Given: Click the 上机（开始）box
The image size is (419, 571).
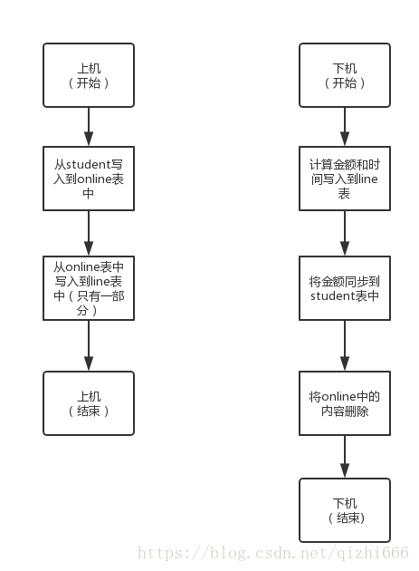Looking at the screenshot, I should [x=89, y=74].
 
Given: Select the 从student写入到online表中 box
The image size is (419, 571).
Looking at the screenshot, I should [x=89, y=179].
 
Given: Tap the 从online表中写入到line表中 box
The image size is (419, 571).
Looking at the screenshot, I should [x=89, y=288].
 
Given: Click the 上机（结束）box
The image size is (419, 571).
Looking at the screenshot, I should [x=89, y=402].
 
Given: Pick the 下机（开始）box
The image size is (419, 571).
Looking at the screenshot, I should [x=345, y=74].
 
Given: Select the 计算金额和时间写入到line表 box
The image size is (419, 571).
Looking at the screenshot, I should [x=345, y=179].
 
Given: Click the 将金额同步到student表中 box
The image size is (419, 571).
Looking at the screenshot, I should [x=345, y=288].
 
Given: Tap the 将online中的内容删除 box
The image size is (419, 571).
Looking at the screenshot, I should [x=345, y=402].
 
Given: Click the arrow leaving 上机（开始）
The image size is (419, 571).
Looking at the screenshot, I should [x=89, y=126].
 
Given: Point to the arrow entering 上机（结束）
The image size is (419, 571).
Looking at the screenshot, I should [x=89, y=345].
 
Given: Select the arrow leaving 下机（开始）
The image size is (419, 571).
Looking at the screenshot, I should [x=345, y=126].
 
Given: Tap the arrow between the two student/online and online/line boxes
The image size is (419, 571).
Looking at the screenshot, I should [x=89, y=234].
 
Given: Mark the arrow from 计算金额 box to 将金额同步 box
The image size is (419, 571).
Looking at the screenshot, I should [x=345, y=234].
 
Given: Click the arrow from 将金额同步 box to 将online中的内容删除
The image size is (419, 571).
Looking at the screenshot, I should [x=345, y=345].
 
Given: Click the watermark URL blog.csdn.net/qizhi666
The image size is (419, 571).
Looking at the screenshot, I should [x=271, y=552].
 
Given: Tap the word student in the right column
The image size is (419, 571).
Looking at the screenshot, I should [x=333, y=296].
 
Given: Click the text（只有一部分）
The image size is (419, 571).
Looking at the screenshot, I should [x=89, y=303].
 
